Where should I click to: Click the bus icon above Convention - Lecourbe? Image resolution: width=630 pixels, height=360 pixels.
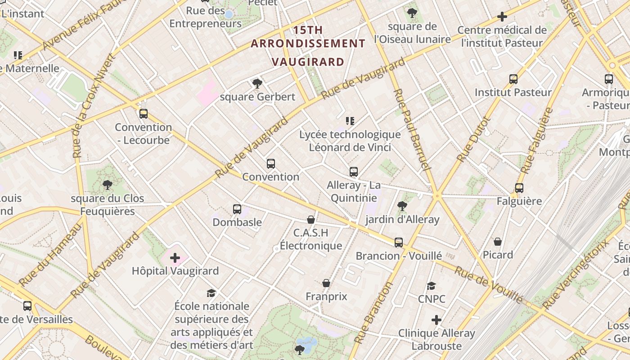pos(144,114)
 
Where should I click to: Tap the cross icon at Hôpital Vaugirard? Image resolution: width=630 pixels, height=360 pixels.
pos(175,258)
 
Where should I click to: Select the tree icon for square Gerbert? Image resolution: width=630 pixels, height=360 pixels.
pos(257,83)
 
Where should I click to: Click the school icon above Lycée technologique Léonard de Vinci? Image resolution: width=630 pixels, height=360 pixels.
pos(350,121)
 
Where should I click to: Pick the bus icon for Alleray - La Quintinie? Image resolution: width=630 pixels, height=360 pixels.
pos(354,172)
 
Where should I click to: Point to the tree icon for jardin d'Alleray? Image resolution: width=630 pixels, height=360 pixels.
pos(402,206)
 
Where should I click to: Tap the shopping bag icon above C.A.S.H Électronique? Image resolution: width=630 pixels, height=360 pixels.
pos(310,220)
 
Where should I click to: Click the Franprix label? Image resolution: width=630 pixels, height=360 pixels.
pos(326,297)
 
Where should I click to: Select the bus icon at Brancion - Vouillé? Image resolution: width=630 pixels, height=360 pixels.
pos(399,243)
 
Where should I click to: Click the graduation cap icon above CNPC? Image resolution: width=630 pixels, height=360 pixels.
pos(432,286)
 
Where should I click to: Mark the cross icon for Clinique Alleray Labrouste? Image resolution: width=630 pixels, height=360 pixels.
pos(436,320)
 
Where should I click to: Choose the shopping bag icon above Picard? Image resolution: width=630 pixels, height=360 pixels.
pos(498,242)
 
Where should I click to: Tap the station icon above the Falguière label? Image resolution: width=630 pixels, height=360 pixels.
pos(519,188)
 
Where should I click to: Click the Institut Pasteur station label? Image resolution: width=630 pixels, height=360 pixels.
pos(513,92)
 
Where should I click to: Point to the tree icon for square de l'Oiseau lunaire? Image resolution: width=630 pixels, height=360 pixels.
pos(412,13)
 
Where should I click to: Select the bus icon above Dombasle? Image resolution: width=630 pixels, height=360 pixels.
pos(237,209)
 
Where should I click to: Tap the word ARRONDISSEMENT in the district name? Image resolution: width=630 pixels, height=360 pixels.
pos(308,44)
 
